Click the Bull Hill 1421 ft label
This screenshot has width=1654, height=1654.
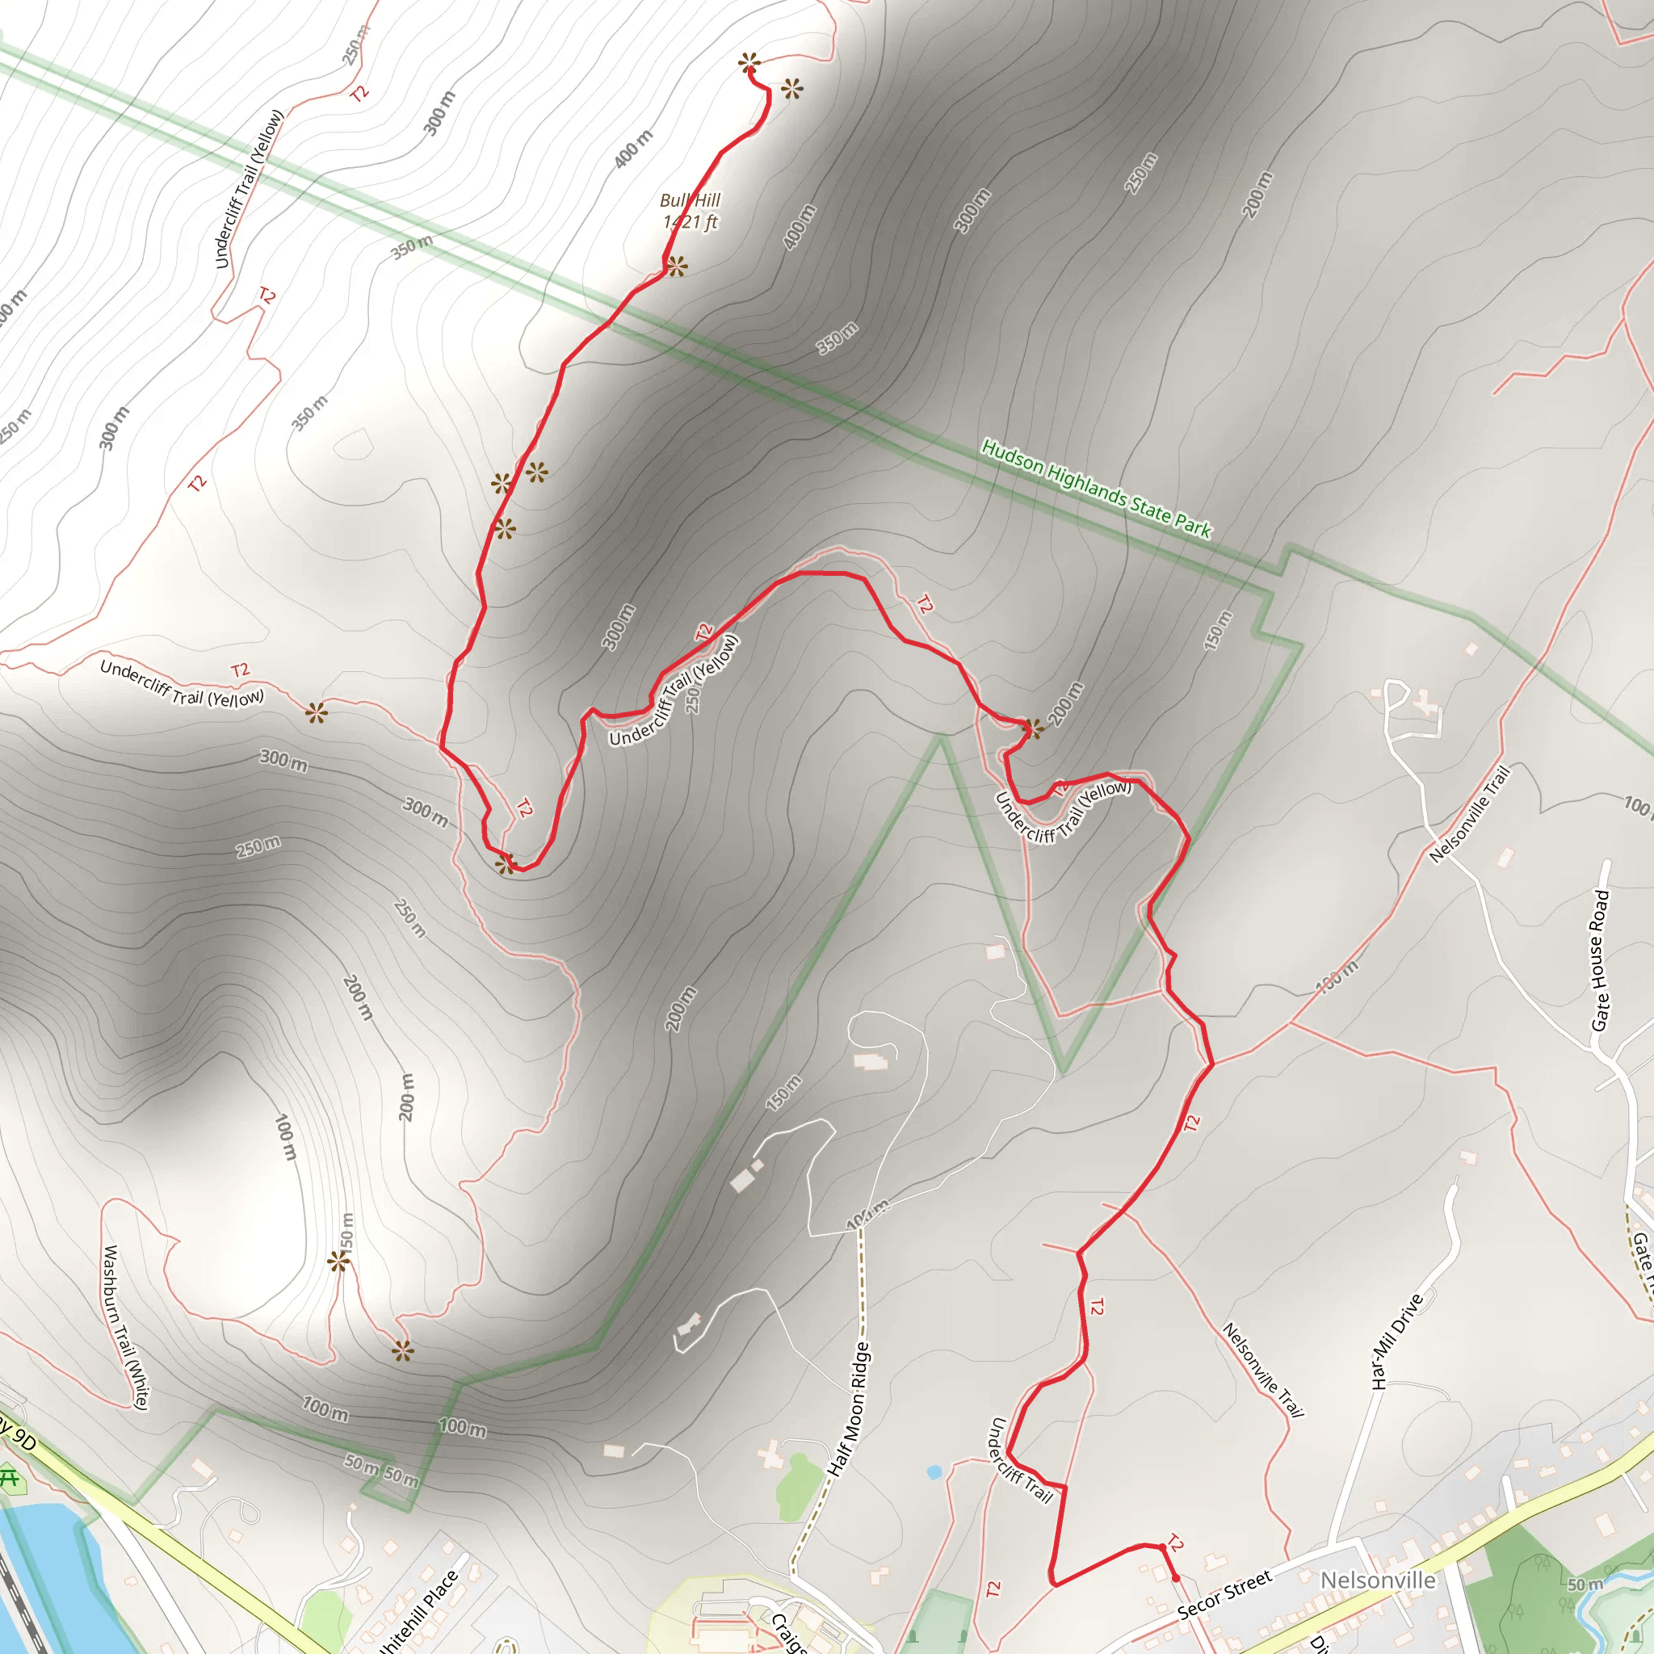tap(690, 212)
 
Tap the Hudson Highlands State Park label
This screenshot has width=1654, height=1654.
tap(1096, 489)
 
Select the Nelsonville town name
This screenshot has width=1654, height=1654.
tap(1378, 1580)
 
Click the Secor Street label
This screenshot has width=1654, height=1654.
tap(1224, 1595)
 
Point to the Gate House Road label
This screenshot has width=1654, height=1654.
tap(1600, 960)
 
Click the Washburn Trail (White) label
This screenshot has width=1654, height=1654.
tap(125, 1328)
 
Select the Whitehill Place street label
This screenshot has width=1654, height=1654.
tap(418, 1613)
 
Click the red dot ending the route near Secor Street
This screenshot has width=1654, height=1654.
tap(1175, 1578)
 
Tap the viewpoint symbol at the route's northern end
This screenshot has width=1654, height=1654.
tap(749, 62)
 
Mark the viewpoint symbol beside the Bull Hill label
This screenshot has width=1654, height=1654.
tap(676, 267)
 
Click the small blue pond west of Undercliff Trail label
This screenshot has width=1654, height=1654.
tap(934, 1471)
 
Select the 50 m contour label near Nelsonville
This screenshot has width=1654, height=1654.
tap(1585, 1584)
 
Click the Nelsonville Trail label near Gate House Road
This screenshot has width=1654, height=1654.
tap(1469, 813)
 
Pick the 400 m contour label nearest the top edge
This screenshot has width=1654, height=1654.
tap(633, 148)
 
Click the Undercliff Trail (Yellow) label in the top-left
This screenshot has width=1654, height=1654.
tap(248, 188)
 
